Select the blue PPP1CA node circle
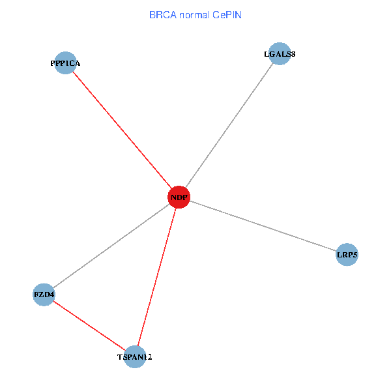click(65, 63)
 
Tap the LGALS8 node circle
click(280, 54)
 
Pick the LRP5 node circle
click(347, 255)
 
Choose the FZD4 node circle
click(44, 295)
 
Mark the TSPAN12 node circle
click(135, 356)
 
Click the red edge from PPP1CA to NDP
click(122, 130)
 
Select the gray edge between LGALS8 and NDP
click(229, 125)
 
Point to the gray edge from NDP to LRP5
click(263, 226)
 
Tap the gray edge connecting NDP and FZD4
click(111, 246)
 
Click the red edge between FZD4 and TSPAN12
click(89, 325)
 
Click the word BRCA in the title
click(162, 14)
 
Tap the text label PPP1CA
click(65, 63)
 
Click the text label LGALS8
click(280, 54)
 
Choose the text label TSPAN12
click(135, 357)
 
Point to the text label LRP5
click(347, 255)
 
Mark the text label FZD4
click(44, 295)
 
